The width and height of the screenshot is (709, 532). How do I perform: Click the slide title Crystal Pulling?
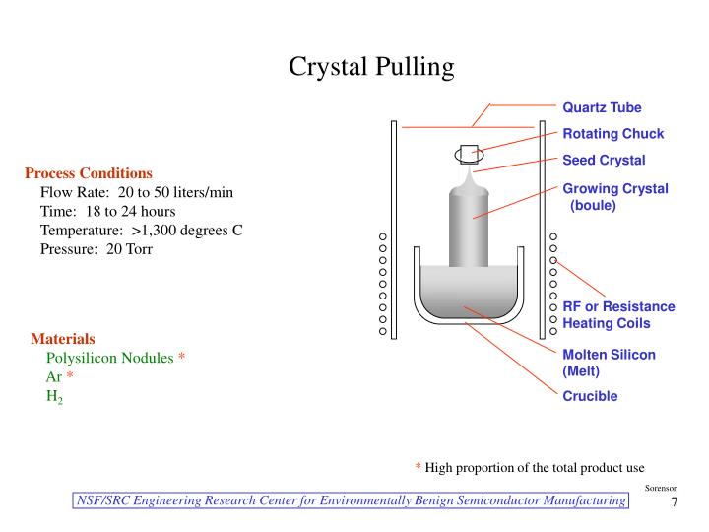coord(371,67)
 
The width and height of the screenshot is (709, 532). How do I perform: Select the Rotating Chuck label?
coord(612,134)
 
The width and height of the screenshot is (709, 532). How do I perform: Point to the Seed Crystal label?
coord(604,161)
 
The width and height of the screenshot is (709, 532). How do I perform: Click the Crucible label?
coord(590,396)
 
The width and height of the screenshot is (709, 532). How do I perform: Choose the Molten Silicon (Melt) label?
coord(609,363)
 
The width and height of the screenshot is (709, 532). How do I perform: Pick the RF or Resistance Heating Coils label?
coord(618,315)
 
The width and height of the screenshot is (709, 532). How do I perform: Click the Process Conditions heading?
coord(89,173)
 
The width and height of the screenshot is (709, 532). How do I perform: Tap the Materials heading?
coord(63,339)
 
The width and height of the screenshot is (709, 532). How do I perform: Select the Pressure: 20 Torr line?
coord(97,248)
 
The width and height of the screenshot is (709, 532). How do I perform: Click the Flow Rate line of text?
coord(136,192)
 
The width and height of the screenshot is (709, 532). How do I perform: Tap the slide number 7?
coord(675,503)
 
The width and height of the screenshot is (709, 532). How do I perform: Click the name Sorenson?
coord(661,488)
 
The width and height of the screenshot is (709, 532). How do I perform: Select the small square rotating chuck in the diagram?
coord(469,153)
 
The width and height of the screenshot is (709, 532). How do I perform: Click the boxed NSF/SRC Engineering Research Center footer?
coord(352,501)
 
